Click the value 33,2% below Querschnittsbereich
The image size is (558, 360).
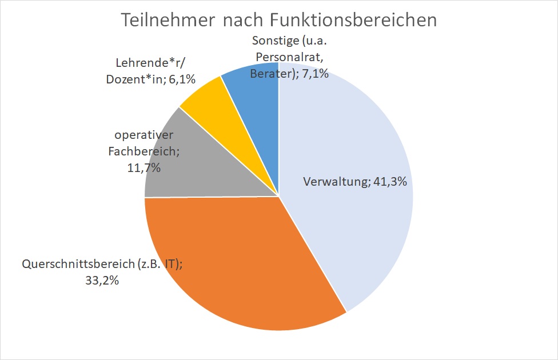[101, 281]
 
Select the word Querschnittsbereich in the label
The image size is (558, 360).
[78, 265]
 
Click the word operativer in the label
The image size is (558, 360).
[143, 135]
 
